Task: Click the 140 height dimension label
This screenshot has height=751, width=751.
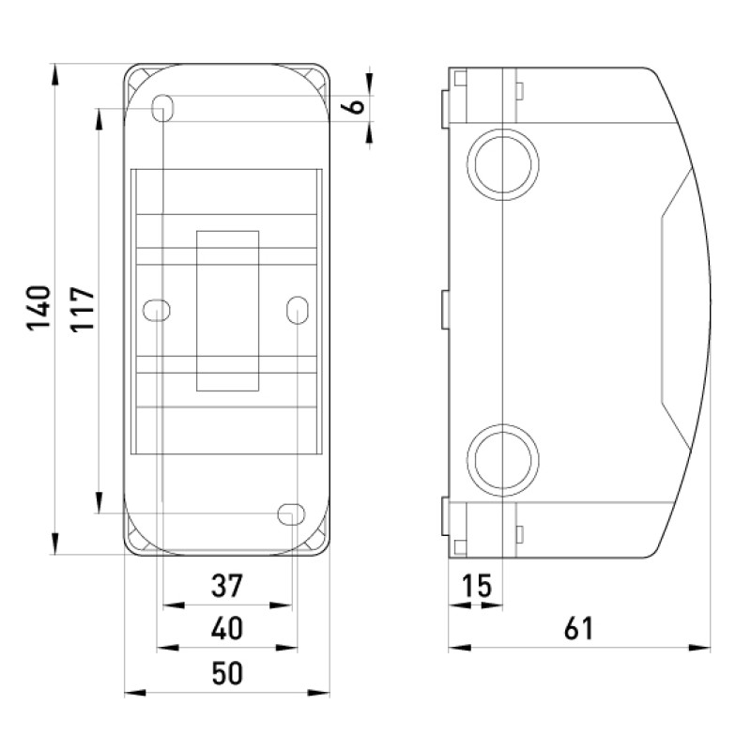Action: coord(38,308)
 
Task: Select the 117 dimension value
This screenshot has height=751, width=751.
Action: coord(83,309)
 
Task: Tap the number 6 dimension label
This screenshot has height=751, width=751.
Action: coord(357,105)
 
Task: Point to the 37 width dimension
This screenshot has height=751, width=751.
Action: coord(227,585)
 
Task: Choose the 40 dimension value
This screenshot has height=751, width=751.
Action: coord(227,628)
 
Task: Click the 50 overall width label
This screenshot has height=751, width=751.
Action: coord(227,672)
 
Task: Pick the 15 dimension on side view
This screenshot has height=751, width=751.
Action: coord(477,585)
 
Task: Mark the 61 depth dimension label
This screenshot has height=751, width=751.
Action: coord(578,628)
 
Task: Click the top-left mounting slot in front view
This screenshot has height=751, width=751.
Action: coord(162,108)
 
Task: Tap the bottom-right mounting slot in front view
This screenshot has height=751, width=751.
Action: coord(291,513)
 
